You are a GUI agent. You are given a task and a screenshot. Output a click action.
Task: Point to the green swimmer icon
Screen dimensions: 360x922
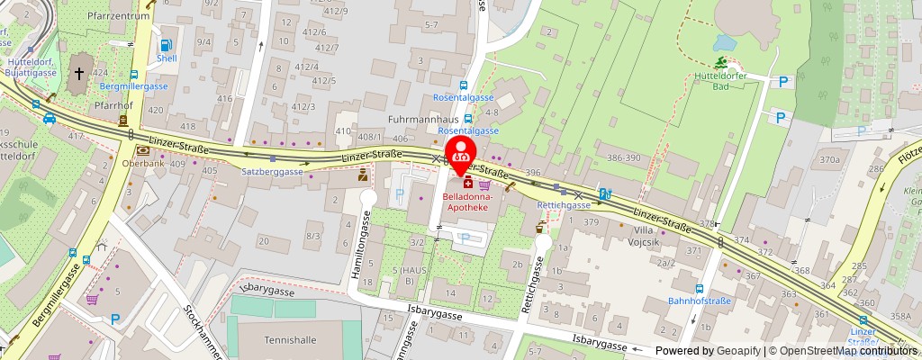click(721, 63)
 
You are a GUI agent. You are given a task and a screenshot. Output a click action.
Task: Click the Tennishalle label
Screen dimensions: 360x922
click(291, 340)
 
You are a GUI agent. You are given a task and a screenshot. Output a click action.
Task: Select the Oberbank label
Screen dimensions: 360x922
click(143, 164)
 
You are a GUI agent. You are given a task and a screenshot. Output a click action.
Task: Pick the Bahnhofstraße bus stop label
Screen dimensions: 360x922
click(699, 301)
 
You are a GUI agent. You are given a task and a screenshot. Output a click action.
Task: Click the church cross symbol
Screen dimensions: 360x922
click(79, 72)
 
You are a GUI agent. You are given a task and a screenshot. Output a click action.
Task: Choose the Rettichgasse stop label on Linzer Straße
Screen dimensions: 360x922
click(563, 205)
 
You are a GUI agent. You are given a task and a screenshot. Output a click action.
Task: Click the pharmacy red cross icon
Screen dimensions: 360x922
click(468, 184)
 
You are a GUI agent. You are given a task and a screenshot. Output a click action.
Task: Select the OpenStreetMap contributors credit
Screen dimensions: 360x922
click(842, 350)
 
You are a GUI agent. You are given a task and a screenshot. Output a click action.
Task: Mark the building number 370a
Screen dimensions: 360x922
click(830, 160)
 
